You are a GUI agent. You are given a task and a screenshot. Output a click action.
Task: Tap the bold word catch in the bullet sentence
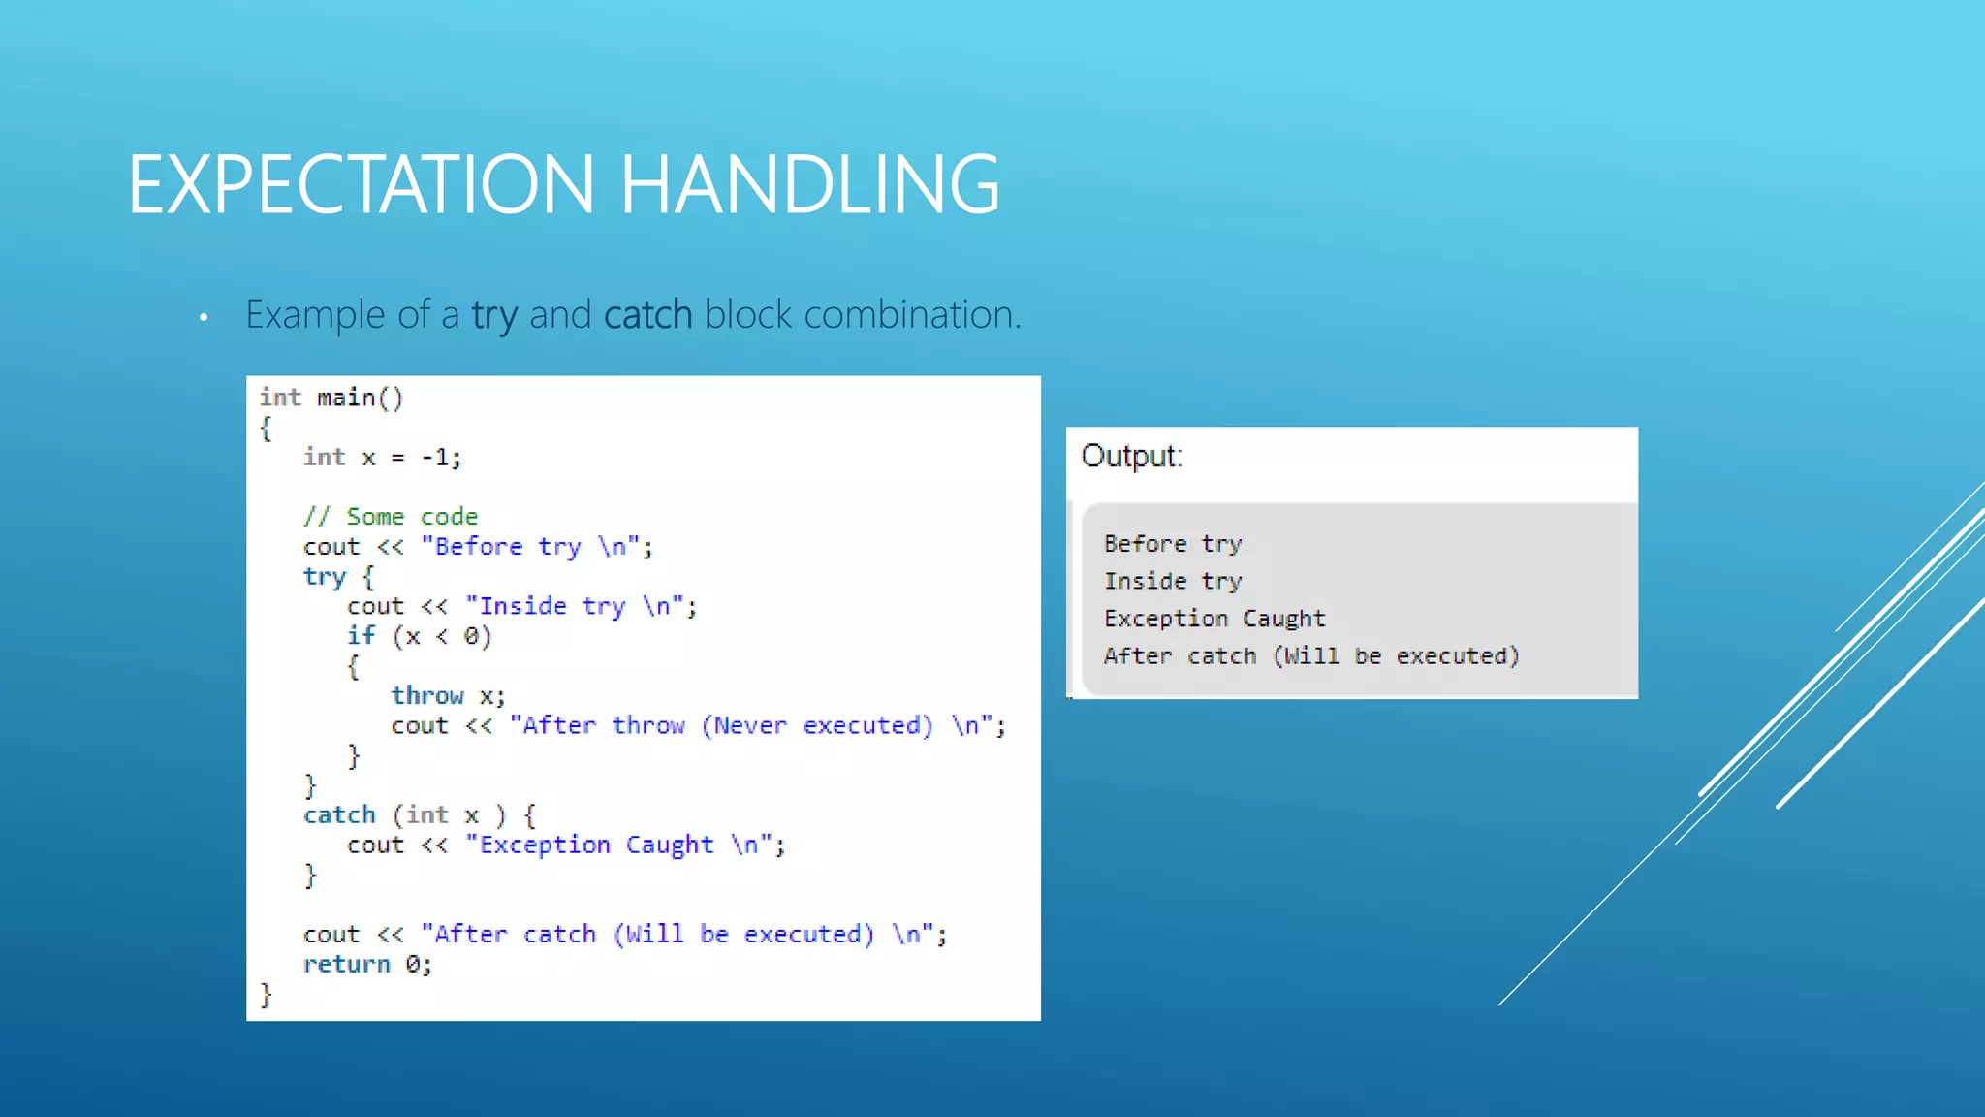click(647, 315)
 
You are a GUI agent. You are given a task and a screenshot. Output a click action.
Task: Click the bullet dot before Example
click(204, 318)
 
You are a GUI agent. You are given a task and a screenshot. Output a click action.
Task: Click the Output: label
click(1131, 456)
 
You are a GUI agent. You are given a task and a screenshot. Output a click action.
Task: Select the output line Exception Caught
click(1213, 619)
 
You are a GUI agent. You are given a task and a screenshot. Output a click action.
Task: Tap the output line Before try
click(1172, 544)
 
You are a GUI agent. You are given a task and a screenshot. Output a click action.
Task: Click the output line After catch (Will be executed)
click(1310, 656)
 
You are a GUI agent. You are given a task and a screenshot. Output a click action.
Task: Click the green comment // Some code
click(390, 517)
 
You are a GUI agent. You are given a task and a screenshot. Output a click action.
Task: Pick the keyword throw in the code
click(427, 695)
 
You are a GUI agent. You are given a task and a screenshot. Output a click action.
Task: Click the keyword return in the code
click(346, 964)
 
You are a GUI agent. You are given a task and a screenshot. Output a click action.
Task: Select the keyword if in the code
click(361, 636)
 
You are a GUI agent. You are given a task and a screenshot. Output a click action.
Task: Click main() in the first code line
click(360, 398)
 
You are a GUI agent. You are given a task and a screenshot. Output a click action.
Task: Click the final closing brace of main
click(266, 995)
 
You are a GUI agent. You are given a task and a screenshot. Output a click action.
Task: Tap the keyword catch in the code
click(339, 814)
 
